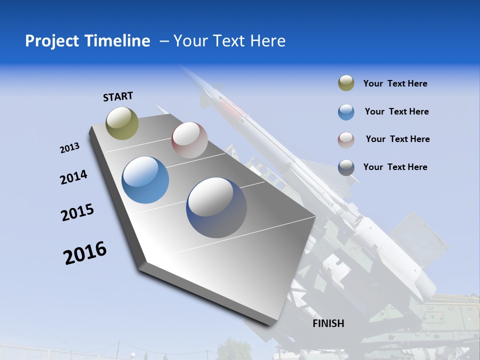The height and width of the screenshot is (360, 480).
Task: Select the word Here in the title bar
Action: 267,41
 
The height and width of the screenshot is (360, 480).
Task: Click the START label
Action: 118,96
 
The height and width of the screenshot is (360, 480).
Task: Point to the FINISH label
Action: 328,323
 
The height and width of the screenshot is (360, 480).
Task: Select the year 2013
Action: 69,148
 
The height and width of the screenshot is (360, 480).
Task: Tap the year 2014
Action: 73,177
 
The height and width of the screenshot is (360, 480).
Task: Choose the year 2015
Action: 77,212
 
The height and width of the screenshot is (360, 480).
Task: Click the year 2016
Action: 85,253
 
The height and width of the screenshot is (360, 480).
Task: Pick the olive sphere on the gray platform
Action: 122,123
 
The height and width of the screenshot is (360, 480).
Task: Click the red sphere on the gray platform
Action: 189,140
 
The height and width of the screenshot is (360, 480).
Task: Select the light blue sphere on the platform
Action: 145,180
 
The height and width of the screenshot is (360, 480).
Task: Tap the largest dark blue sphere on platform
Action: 216,207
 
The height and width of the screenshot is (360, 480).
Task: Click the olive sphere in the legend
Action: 346,83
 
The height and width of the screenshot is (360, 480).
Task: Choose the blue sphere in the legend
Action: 346,112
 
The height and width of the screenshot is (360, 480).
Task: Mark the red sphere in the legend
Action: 346,139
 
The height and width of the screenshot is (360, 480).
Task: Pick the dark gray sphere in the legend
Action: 346,167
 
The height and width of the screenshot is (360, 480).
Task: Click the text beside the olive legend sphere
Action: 395,84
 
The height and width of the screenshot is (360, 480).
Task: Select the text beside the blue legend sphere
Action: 396,111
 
